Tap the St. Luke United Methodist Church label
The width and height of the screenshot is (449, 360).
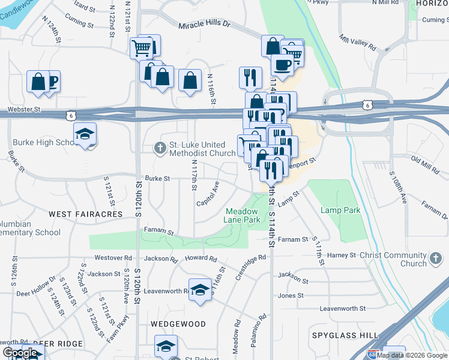tap(202, 148)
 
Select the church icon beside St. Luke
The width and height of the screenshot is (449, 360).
tap(160, 147)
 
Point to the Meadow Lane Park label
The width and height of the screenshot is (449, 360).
tap(243, 215)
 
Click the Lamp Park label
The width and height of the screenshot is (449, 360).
tap(340, 211)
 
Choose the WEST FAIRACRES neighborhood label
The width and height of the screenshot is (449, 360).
tap(85, 214)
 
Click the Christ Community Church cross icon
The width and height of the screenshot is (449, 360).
tap(436, 259)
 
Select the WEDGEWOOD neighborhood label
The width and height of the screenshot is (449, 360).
tap(178, 324)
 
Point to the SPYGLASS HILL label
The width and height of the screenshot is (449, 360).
tap(345, 335)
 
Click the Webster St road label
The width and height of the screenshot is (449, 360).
tap(24, 110)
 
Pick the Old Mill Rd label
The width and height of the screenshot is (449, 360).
tap(426, 159)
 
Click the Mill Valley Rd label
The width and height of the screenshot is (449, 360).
tap(357, 42)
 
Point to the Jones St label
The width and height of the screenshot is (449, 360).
tap(291, 296)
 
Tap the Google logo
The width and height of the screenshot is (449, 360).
tap(20, 353)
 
